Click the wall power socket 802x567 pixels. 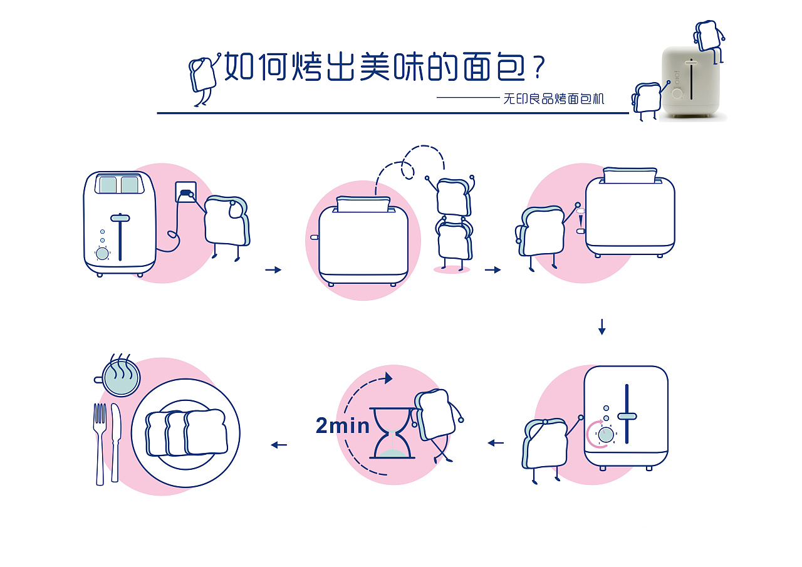[x=185, y=192]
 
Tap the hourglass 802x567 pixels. [x=392, y=433]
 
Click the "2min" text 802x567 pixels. [x=343, y=426]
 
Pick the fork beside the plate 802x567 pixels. [x=100, y=442]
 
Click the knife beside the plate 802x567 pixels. [x=115, y=441]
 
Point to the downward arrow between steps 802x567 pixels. [x=601, y=327]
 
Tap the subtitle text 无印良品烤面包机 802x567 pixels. [x=554, y=99]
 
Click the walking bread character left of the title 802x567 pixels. [x=202, y=78]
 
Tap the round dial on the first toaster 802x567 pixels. [x=102, y=253]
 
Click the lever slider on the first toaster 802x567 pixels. [x=120, y=218]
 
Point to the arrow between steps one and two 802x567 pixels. [x=273, y=270]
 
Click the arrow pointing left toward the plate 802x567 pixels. [x=279, y=445]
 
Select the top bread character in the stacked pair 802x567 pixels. [x=452, y=196]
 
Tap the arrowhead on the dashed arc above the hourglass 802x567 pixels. [x=388, y=378]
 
